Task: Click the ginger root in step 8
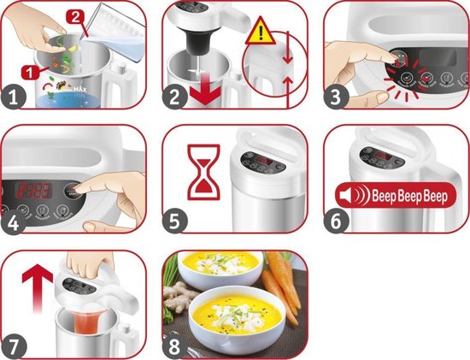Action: [x=179, y=304]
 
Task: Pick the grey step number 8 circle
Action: [x=176, y=345]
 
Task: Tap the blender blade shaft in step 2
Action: [x=196, y=51]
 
